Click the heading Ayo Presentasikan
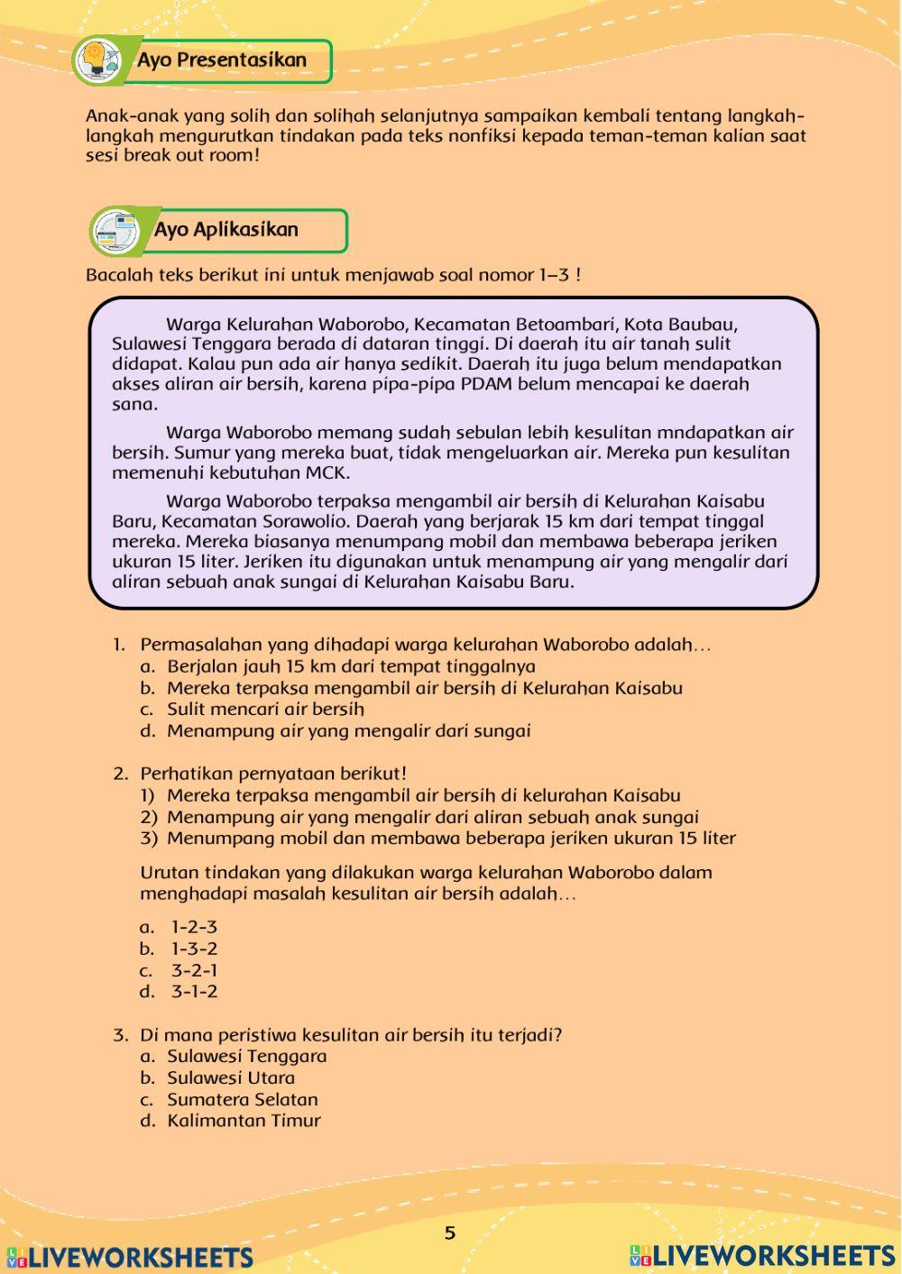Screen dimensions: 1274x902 (x=222, y=60)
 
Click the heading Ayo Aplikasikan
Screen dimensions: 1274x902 (x=225, y=229)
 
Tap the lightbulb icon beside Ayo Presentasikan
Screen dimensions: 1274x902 (x=97, y=60)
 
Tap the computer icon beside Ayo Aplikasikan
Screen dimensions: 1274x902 (x=116, y=231)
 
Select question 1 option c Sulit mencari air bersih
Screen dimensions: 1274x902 (x=265, y=710)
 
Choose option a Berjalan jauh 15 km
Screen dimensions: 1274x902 (x=350, y=666)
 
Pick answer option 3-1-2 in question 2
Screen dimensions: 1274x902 (x=194, y=992)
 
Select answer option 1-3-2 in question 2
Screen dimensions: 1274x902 (x=194, y=949)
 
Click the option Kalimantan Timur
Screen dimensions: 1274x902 (x=244, y=1121)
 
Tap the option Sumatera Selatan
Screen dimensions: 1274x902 (x=242, y=1099)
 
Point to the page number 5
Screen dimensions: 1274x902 (x=450, y=1233)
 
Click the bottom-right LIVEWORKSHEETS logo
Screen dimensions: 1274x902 (x=762, y=1255)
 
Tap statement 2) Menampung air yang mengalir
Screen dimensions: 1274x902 (x=432, y=817)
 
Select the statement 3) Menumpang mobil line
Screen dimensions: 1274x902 (x=451, y=838)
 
